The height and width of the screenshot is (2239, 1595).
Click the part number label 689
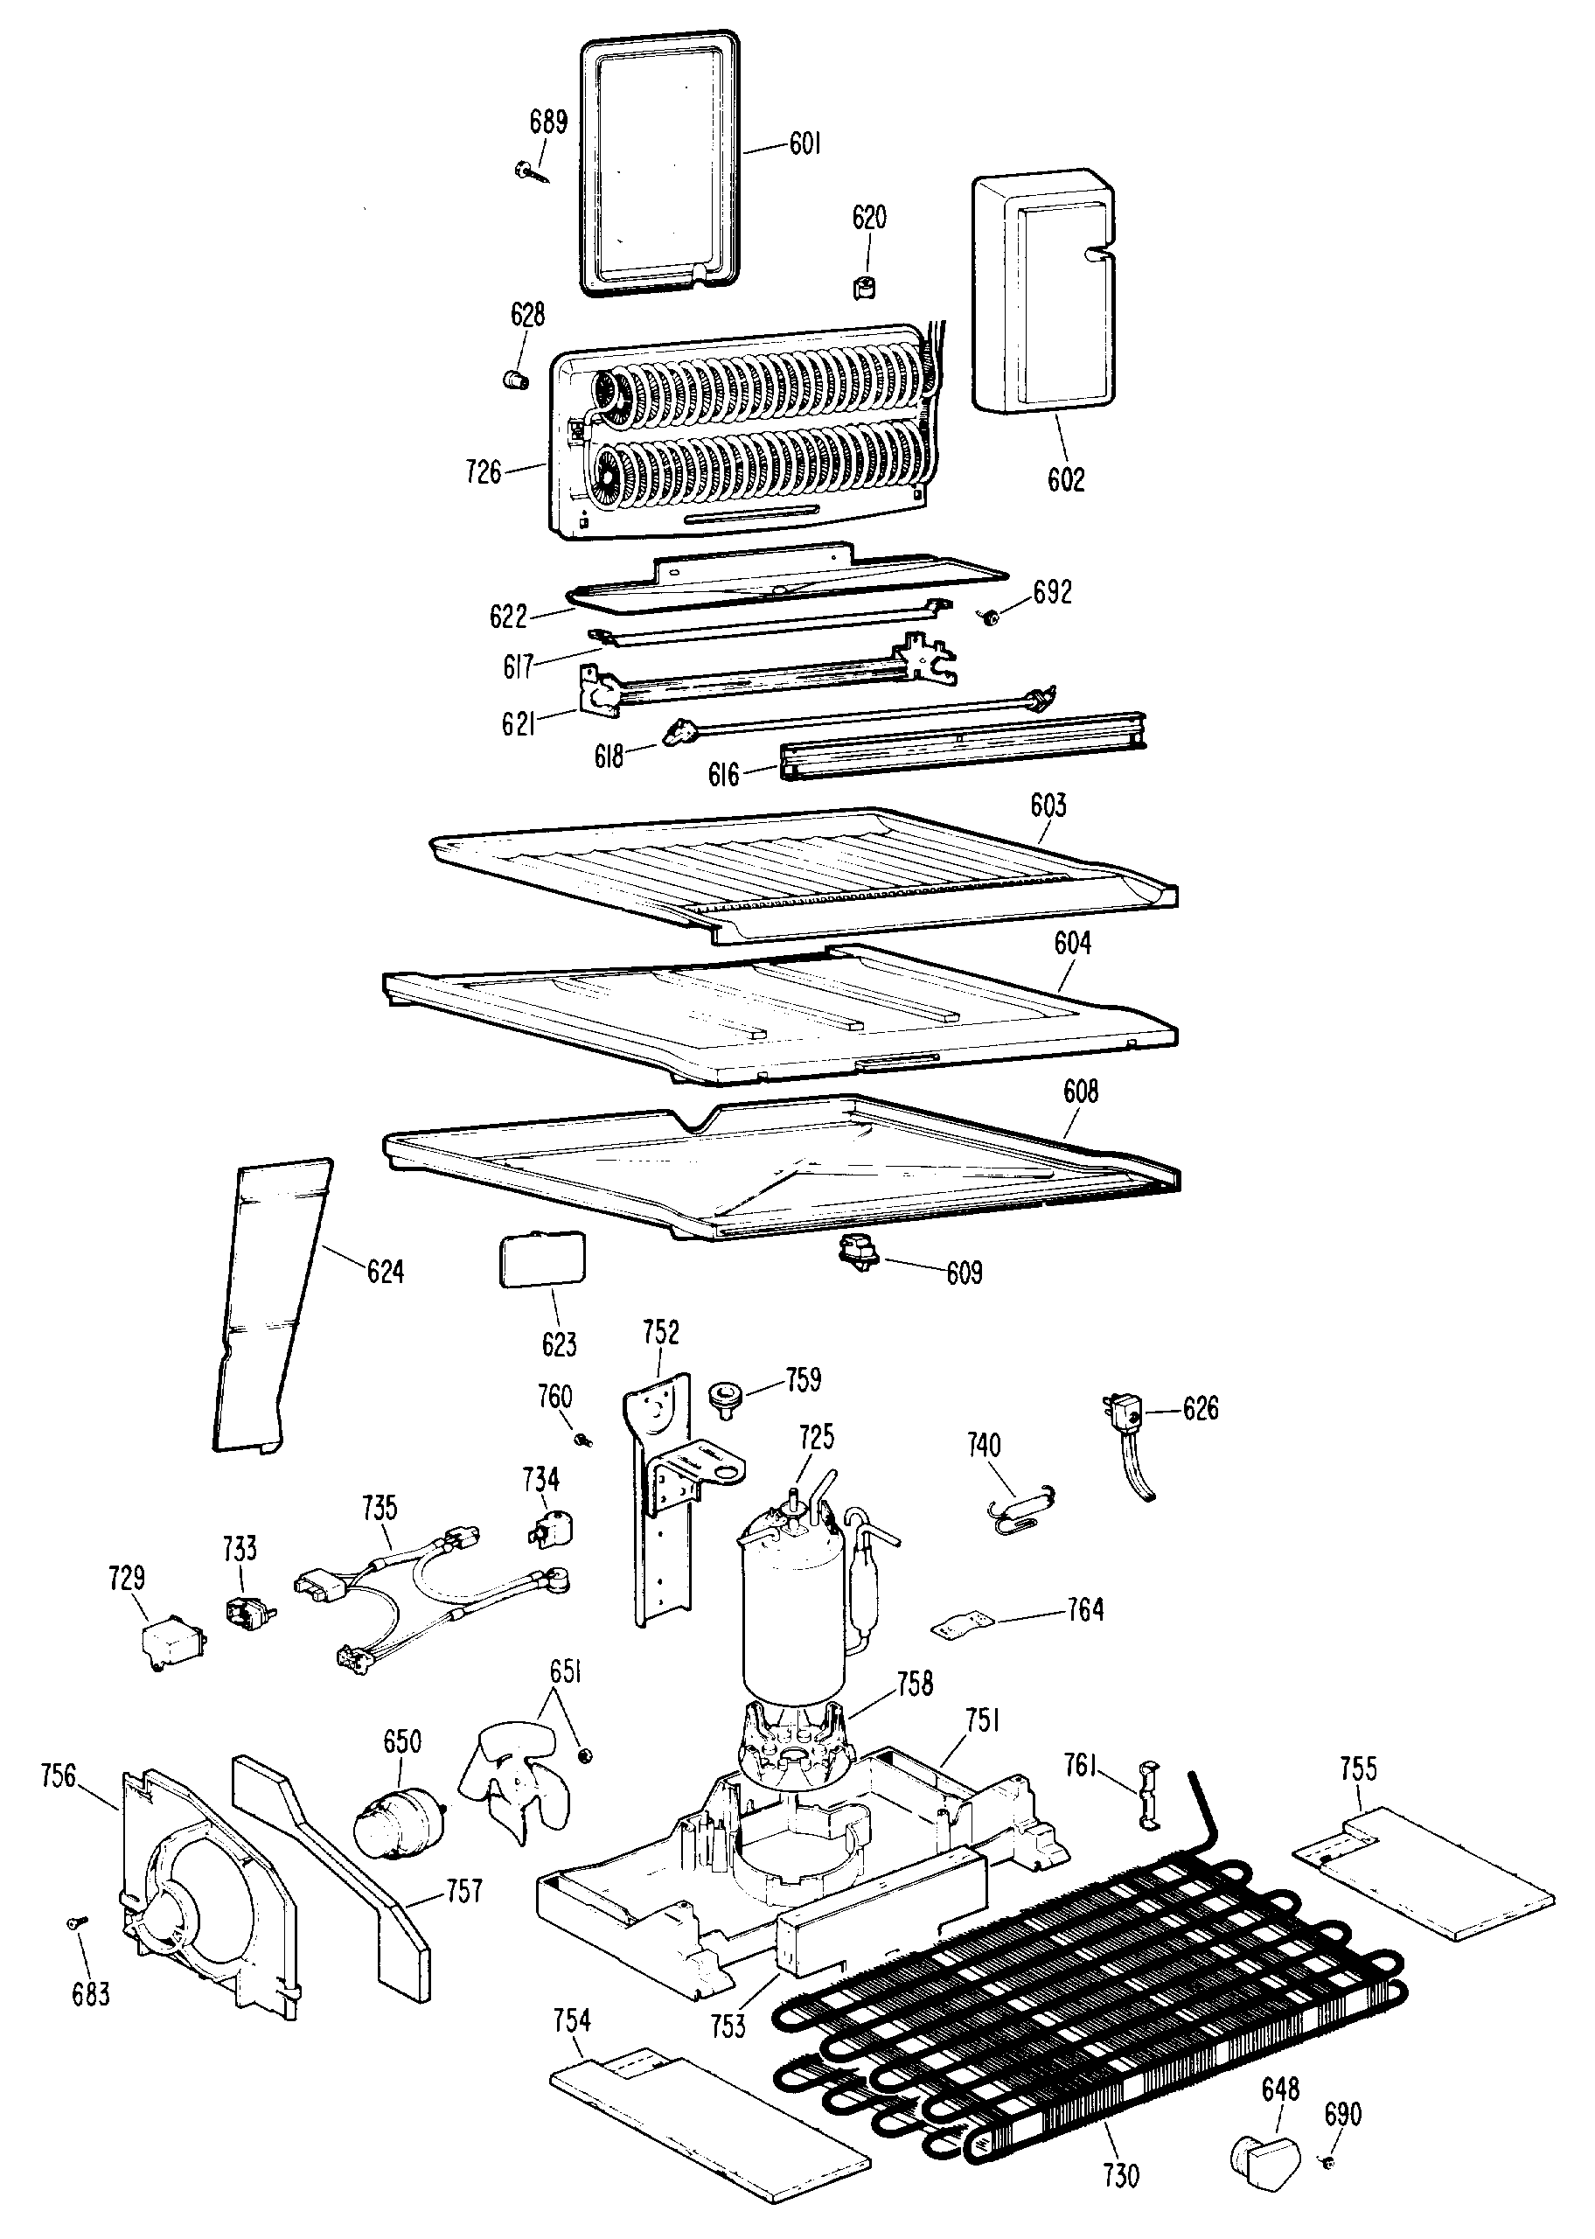coord(548,122)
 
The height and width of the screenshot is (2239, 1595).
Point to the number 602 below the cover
coord(1066,479)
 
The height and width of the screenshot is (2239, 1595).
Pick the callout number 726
coord(484,472)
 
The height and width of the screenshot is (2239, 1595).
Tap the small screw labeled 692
coord(990,617)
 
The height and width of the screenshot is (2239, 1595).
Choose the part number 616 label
coord(723,775)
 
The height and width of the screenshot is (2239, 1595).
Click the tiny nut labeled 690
coord(1329,2156)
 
